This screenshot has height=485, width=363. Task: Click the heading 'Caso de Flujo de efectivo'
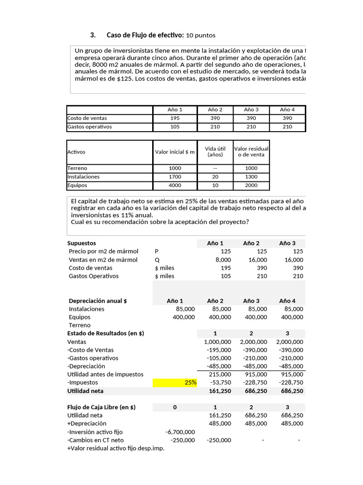click(x=145, y=35)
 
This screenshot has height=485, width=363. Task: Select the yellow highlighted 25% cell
click(x=175, y=383)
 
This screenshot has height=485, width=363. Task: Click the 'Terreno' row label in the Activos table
click(x=78, y=168)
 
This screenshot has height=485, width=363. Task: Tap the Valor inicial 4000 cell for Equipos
click(x=174, y=185)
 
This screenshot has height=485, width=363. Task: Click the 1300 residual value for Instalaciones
click(x=251, y=177)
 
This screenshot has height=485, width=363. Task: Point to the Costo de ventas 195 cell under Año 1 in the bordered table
click(x=174, y=118)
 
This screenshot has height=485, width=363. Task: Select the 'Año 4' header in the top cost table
click(x=287, y=109)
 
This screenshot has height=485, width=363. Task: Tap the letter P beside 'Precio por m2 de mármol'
click(x=156, y=251)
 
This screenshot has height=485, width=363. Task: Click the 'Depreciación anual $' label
click(x=98, y=301)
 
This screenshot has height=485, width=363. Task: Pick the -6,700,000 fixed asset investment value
click(x=180, y=432)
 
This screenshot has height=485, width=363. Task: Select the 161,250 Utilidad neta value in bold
click(x=219, y=391)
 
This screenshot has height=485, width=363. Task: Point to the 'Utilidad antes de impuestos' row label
click(x=105, y=374)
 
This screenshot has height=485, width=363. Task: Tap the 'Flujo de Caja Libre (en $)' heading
click(x=102, y=407)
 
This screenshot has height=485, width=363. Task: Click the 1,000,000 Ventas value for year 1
click(x=217, y=341)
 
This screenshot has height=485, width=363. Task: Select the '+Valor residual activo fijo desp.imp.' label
click(x=116, y=448)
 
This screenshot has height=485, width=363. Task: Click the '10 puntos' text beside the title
click(x=200, y=36)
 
